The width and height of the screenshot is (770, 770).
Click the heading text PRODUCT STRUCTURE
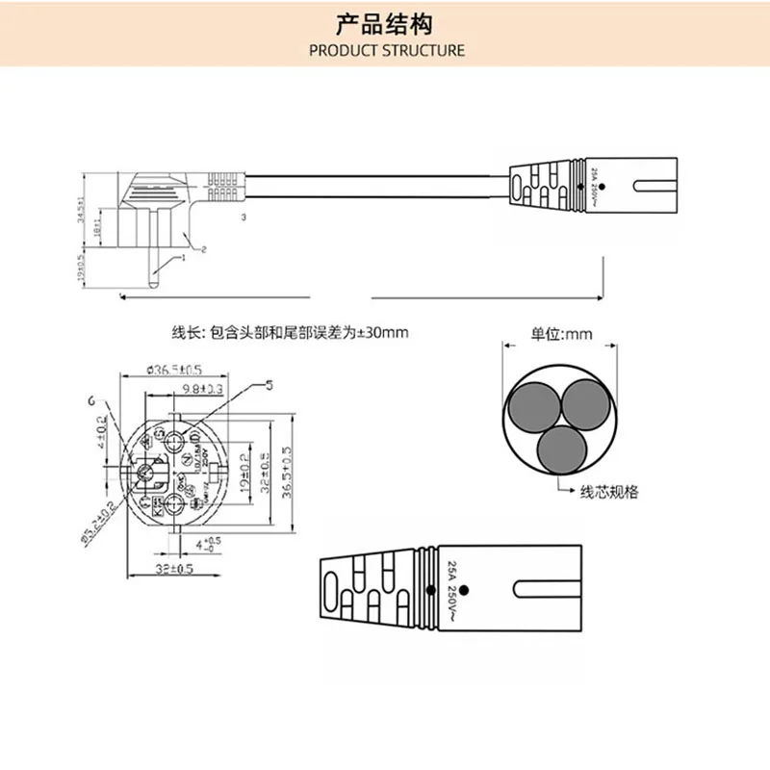click(386, 50)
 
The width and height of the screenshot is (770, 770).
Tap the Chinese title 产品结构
click(385, 22)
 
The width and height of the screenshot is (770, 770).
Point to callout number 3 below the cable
click(244, 219)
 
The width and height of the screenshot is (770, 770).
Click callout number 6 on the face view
click(91, 399)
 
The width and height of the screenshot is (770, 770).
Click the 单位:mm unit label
click(562, 336)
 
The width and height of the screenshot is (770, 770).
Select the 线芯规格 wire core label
click(608, 492)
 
